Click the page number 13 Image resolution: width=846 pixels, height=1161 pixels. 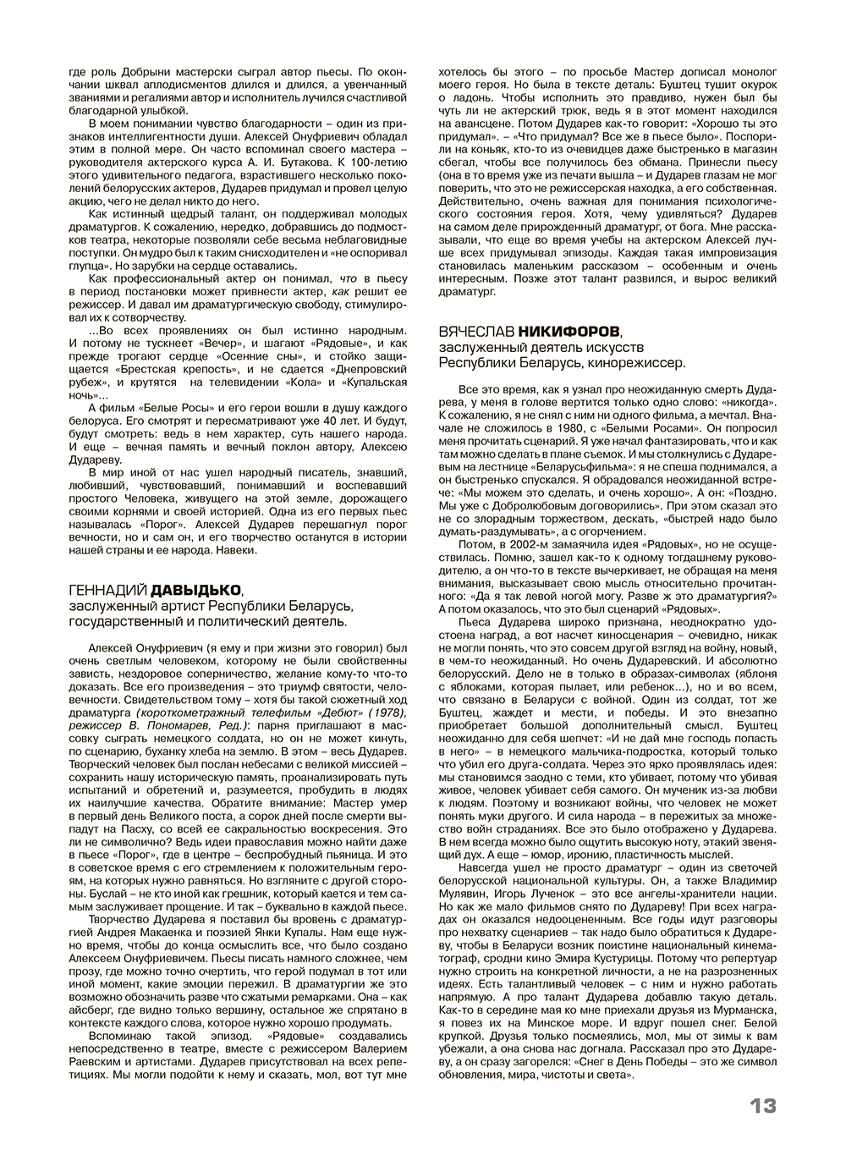coord(762,1105)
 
